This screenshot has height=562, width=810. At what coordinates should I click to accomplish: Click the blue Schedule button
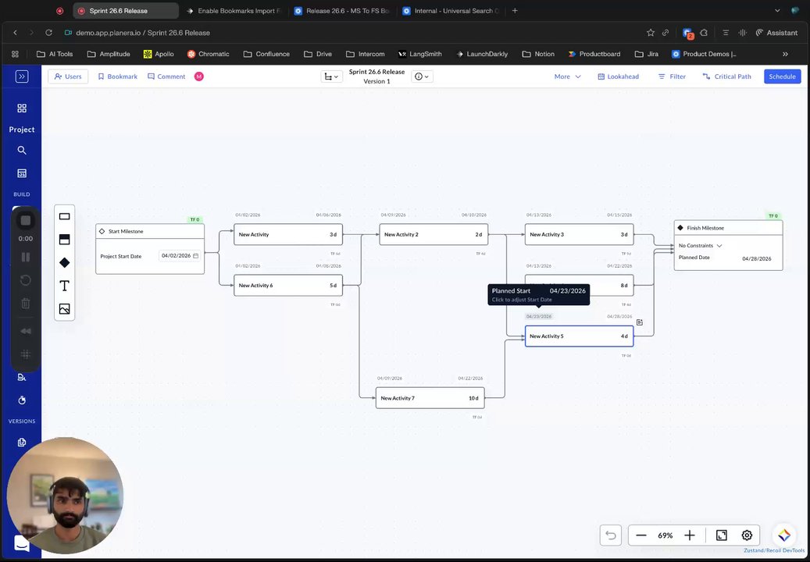(x=782, y=76)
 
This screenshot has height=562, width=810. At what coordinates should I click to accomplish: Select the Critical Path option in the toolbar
(x=726, y=76)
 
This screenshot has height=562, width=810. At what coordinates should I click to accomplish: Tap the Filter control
(x=672, y=76)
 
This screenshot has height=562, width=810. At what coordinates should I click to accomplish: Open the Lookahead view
(x=618, y=76)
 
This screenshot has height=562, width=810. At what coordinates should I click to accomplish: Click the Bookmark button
(x=117, y=76)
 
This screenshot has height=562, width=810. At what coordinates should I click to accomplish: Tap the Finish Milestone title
(x=705, y=228)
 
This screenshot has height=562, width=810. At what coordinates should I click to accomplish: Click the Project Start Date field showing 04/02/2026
(x=179, y=256)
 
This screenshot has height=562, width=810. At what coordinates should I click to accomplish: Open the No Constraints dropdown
(x=701, y=246)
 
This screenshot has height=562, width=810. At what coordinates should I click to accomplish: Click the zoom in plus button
(x=690, y=535)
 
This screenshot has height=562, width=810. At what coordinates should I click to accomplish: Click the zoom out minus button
(x=641, y=535)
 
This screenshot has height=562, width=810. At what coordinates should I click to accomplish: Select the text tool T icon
(x=65, y=286)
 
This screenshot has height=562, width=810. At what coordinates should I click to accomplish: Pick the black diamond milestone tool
(x=65, y=263)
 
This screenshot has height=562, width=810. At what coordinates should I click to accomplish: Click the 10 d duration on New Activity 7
(x=473, y=398)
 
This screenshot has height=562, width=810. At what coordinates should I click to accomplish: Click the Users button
(x=68, y=76)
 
